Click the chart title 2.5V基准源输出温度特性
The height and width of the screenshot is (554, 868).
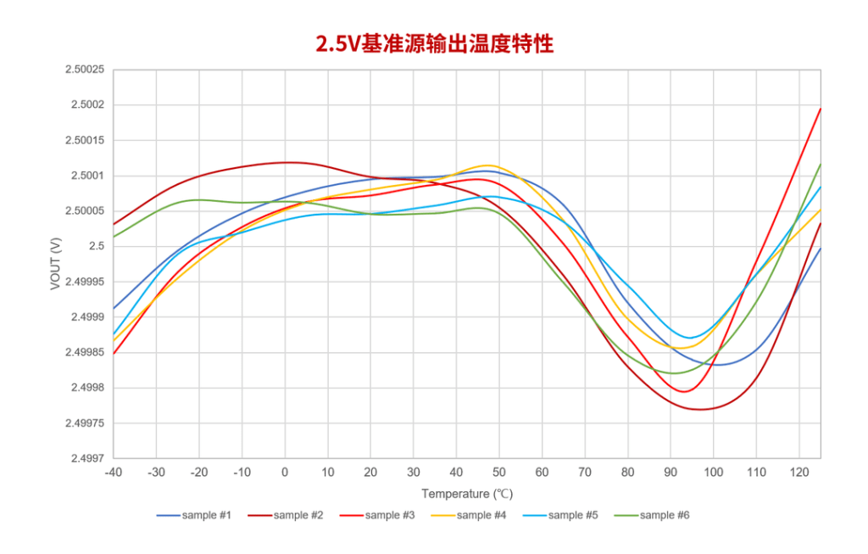click(x=434, y=44)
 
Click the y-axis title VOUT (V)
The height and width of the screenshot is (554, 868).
click(x=56, y=264)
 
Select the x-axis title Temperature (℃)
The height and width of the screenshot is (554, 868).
click(x=467, y=494)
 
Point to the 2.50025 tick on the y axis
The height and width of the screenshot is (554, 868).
click(x=84, y=70)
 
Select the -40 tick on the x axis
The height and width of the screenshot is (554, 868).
click(x=113, y=473)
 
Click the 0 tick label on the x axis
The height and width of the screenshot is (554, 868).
click(x=285, y=473)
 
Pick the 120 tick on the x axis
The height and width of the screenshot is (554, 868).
click(x=799, y=473)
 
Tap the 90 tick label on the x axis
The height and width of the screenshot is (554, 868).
click(x=670, y=473)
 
